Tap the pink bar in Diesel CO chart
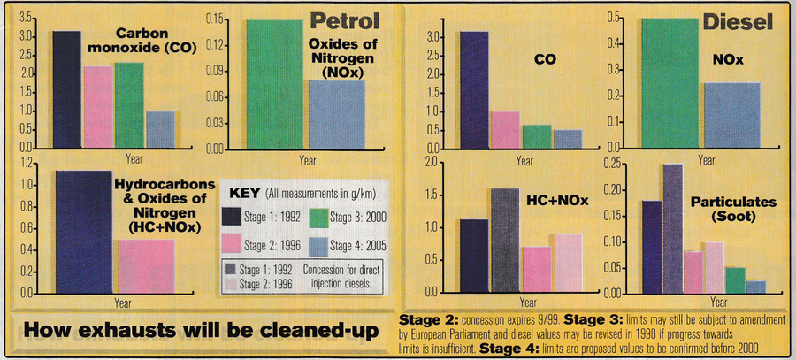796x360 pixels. [504, 129]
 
